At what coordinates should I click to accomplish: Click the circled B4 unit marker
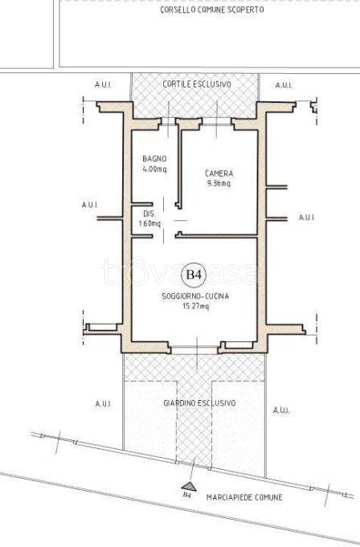(x=194, y=275)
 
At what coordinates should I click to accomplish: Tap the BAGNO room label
(x=154, y=159)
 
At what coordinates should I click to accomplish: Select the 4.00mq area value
(x=154, y=169)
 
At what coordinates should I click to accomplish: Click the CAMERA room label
(x=219, y=173)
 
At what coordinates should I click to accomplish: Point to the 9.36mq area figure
(x=219, y=183)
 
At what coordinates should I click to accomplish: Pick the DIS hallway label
(x=149, y=214)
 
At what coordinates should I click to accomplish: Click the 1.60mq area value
(x=149, y=223)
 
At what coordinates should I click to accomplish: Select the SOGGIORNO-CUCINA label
(x=195, y=296)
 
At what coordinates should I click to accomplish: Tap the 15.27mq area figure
(x=196, y=306)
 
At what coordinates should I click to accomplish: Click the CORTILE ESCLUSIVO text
(x=197, y=84)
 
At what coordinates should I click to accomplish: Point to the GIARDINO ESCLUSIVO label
(x=199, y=403)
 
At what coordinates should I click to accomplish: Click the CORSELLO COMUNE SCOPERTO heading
(x=212, y=10)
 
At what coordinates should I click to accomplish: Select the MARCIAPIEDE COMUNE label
(x=244, y=497)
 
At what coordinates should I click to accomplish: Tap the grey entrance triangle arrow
(x=188, y=487)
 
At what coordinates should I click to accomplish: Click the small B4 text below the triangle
(x=187, y=495)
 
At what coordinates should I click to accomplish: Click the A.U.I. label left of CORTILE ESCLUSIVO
(x=103, y=85)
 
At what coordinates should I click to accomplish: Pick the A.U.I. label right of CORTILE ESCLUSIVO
(x=284, y=85)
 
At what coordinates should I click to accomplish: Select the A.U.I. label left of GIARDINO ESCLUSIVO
(x=103, y=404)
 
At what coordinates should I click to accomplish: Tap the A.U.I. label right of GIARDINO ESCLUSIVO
(x=281, y=410)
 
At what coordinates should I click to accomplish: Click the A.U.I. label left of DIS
(x=90, y=205)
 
